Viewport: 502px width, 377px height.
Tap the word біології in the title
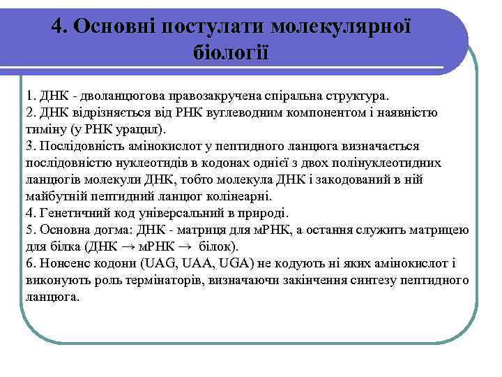click(230, 52)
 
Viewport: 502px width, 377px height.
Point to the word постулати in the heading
click(215, 26)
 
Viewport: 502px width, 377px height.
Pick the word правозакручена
click(208, 94)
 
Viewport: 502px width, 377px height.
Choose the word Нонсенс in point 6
click(63, 265)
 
